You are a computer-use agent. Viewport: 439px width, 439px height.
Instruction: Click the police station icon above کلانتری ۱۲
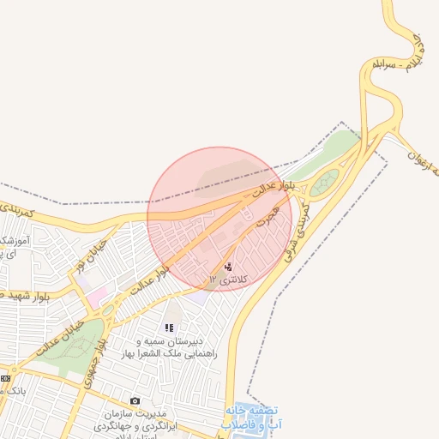[227, 266]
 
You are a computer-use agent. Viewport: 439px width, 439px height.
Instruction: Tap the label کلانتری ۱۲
[227, 280]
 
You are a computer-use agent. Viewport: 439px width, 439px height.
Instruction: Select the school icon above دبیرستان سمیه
[169, 328]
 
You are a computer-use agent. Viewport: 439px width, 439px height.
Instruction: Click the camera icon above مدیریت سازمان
[135, 400]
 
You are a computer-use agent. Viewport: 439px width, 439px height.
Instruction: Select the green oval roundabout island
[325, 182]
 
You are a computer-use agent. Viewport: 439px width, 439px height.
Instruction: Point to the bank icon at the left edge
[5, 378]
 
